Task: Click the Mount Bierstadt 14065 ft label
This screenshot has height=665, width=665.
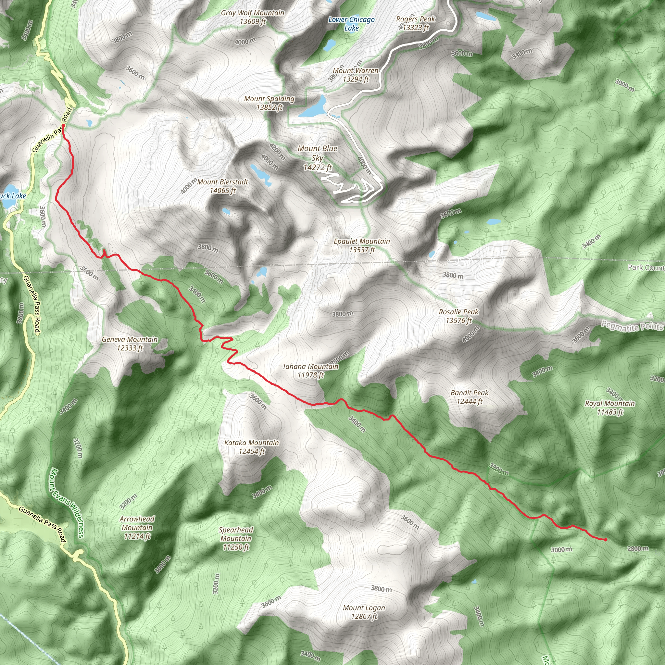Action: click(x=223, y=186)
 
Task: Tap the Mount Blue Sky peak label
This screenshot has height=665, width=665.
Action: click(x=317, y=158)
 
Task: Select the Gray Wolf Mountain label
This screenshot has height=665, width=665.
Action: click(x=253, y=17)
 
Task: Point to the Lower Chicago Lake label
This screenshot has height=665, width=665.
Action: click(x=351, y=24)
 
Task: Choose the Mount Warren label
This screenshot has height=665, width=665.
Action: click(x=356, y=75)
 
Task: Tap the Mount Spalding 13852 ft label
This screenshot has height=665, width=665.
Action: click(x=269, y=103)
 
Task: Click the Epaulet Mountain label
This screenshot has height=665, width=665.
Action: click(x=362, y=245)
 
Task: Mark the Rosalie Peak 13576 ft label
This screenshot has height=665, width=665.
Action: click(x=458, y=316)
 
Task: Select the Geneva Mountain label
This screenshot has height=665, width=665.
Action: click(x=130, y=344)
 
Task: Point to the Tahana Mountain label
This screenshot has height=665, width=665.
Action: click(x=310, y=371)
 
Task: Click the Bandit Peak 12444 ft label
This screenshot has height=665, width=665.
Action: click(x=470, y=397)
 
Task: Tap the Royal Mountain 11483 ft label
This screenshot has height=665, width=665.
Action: click(x=610, y=408)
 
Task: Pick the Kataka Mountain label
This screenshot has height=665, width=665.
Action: click(x=252, y=447)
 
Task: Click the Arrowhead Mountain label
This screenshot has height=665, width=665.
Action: click(x=137, y=527)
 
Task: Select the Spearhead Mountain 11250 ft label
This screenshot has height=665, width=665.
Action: click(x=236, y=538)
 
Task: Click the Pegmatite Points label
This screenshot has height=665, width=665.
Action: click(x=632, y=326)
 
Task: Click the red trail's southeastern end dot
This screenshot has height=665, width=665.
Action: click(x=605, y=540)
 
